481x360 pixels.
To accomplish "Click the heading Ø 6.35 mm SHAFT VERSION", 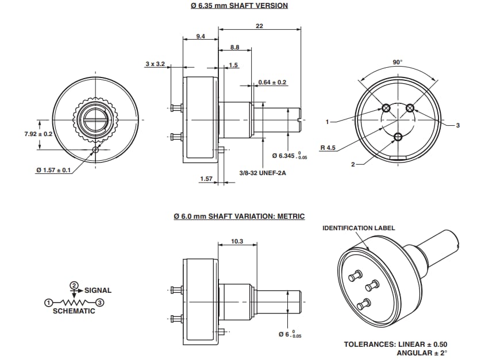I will pos(238,6).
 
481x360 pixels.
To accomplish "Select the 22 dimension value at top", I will pos(259,26).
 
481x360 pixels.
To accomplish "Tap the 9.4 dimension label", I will pos(200,36).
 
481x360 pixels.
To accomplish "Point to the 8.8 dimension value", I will pos(234,47).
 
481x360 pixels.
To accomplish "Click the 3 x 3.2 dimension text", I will pos(155,64).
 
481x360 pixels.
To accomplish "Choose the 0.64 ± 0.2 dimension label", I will pos(272,82).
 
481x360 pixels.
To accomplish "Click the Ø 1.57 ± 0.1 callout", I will pos(53,170).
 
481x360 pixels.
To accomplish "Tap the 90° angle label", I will pos(397,62).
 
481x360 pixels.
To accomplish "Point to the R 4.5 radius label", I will pos(328,148).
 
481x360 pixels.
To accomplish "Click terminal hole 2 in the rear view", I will pos(398,136).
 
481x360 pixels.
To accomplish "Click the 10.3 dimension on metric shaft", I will pos(237,242).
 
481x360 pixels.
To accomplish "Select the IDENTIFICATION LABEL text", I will pos(359,228).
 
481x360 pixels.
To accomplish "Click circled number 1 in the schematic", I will pos(49,302).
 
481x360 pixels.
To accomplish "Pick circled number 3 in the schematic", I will pos(99,302).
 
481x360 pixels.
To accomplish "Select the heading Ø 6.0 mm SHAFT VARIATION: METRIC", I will pos(238,216).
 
